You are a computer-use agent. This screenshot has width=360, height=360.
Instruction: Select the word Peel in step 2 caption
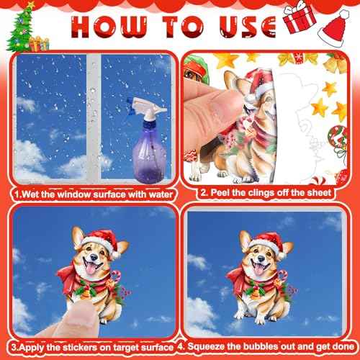point(215,194)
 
